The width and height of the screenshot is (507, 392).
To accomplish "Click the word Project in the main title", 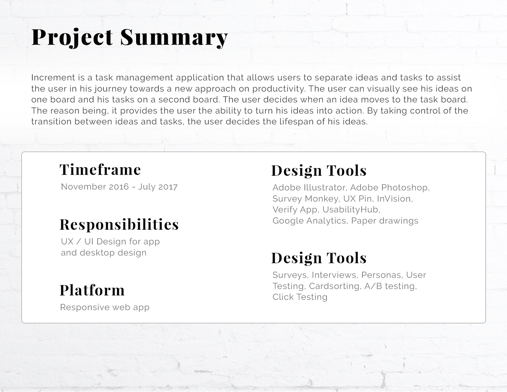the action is tap(72, 38).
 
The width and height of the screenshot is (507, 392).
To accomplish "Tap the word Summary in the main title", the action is tap(174, 38).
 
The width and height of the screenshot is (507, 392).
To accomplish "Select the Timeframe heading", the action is tap(100, 170).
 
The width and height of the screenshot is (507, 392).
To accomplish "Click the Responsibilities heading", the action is tap(119, 225).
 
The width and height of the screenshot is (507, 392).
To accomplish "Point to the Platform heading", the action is tap(92, 290).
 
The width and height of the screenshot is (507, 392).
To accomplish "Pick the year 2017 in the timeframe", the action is tap(168, 187).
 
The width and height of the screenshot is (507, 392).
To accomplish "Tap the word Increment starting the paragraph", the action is tap(53, 78).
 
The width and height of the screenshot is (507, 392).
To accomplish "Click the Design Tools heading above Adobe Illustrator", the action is tap(319, 170).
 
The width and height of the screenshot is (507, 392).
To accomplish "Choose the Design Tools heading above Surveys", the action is tap(319, 258).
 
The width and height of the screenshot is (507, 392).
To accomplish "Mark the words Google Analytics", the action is tap(309, 221).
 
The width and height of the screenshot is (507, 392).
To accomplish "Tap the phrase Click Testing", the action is tap(300, 297).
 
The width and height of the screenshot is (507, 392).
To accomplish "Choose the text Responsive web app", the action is tap(105, 307).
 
